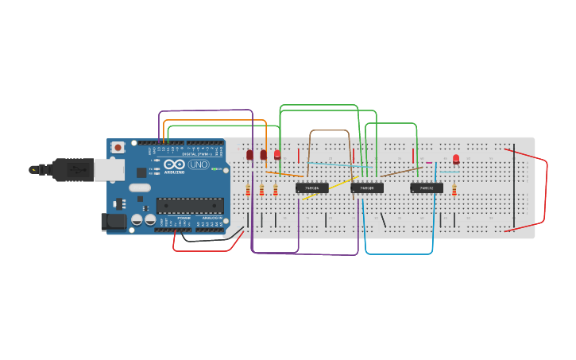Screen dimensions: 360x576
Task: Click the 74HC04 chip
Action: [x=312, y=188]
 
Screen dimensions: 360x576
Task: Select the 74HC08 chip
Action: [x=367, y=188]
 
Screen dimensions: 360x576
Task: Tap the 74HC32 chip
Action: [x=427, y=188]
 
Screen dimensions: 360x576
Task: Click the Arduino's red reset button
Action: [x=118, y=147]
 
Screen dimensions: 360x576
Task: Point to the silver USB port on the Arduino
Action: [x=109, y=168]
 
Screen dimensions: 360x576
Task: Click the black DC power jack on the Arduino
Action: [x=114, y=222]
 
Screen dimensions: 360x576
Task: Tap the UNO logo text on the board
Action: [x=199, y=165]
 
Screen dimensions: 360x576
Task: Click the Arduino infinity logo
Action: [x=175, y=164]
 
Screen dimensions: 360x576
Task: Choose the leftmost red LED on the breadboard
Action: [x=249, y=154]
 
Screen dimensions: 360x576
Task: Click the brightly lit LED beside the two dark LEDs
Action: [x=277, y=155]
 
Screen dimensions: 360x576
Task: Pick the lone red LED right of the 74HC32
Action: [x=456, y=159]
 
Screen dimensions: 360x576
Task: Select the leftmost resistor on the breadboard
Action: [x=248, y=189]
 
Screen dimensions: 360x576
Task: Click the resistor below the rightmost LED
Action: [x=454, y=189]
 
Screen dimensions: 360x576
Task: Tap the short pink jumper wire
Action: [x=429, y=163]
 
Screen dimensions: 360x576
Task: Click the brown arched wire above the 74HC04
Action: [x=330, y=130]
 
